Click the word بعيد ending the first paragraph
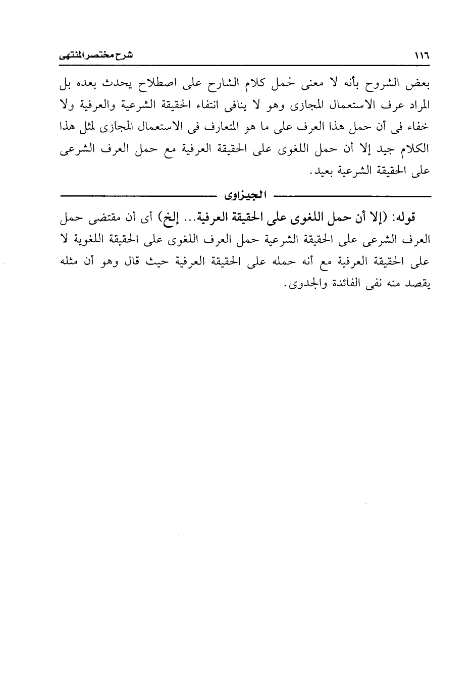pyautogui.click(x=323, y=171)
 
